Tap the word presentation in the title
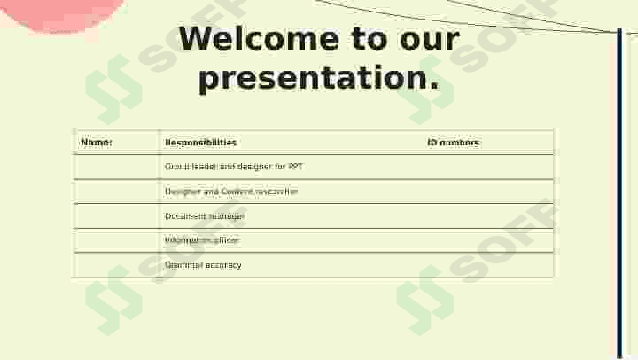(x=319, y=78)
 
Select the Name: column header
(x=97, y=143)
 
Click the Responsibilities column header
(x=201, y=143)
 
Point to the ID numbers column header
(x=453, y=143)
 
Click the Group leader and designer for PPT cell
(x=234, y=167)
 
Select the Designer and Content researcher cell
(x=231, y=192)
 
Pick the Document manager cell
(x=205, y=216)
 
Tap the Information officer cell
(x=202, y=240)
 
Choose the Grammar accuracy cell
(x=203, y=265)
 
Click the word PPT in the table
(x=295, y=167)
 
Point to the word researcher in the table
(x=276, y=192)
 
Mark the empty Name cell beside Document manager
(x=116, y=216)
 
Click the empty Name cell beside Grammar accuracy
(x=116, y=265)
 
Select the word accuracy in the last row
(x=222, y=265)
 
